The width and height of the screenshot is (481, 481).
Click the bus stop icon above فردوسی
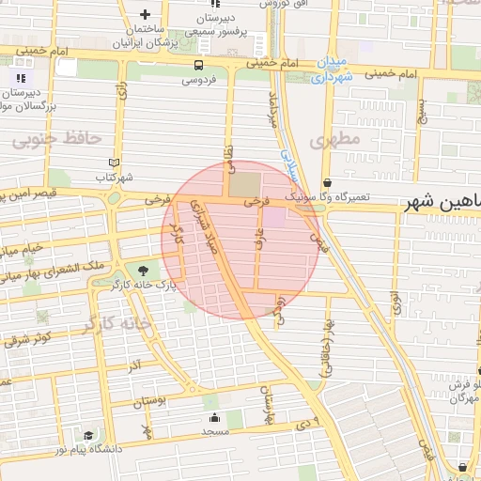(x=198, y=65)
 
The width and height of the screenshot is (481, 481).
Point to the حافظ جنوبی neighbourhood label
(x=56, y=138)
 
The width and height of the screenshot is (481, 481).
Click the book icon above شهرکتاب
(x=115, y=162)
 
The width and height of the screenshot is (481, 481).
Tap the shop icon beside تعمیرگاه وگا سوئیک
(x=326, y=182)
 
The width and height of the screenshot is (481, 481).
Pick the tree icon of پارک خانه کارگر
(x=143, y=270)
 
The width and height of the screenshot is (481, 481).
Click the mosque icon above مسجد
(x=214, y=418)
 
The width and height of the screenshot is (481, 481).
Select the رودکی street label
(x=280, y=310)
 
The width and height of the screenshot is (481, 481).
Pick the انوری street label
(x=396, y=302)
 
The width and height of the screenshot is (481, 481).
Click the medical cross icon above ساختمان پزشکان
(x=144, y=15)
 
